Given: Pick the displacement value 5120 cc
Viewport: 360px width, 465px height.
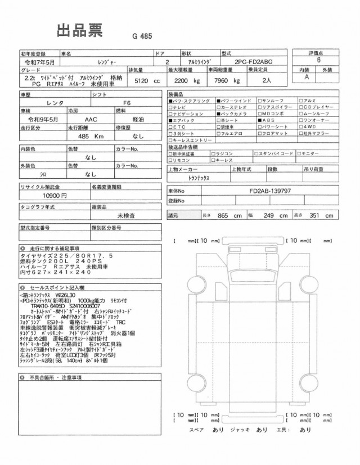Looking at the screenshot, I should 144,81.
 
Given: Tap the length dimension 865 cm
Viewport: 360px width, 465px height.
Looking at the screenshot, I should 229,215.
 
